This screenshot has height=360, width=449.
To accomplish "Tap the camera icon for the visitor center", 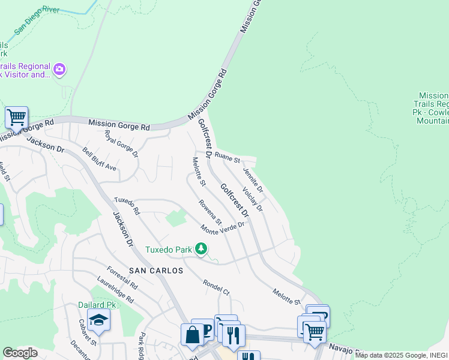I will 59,70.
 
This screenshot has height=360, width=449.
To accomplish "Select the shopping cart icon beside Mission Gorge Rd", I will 16,118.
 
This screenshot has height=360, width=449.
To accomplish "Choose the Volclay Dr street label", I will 253,199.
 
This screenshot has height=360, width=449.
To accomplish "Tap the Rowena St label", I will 211,211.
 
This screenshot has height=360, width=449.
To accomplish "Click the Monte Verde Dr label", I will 223,228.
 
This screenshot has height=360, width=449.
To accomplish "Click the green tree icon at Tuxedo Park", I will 202,248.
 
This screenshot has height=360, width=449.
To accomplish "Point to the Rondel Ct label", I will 216,287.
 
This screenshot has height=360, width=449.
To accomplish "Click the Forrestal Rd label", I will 122,278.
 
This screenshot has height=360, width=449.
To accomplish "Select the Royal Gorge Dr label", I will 121,144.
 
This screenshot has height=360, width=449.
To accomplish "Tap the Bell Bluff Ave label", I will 100,159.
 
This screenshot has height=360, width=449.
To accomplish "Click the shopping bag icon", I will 193,334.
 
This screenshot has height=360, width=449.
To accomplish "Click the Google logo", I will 20,353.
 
